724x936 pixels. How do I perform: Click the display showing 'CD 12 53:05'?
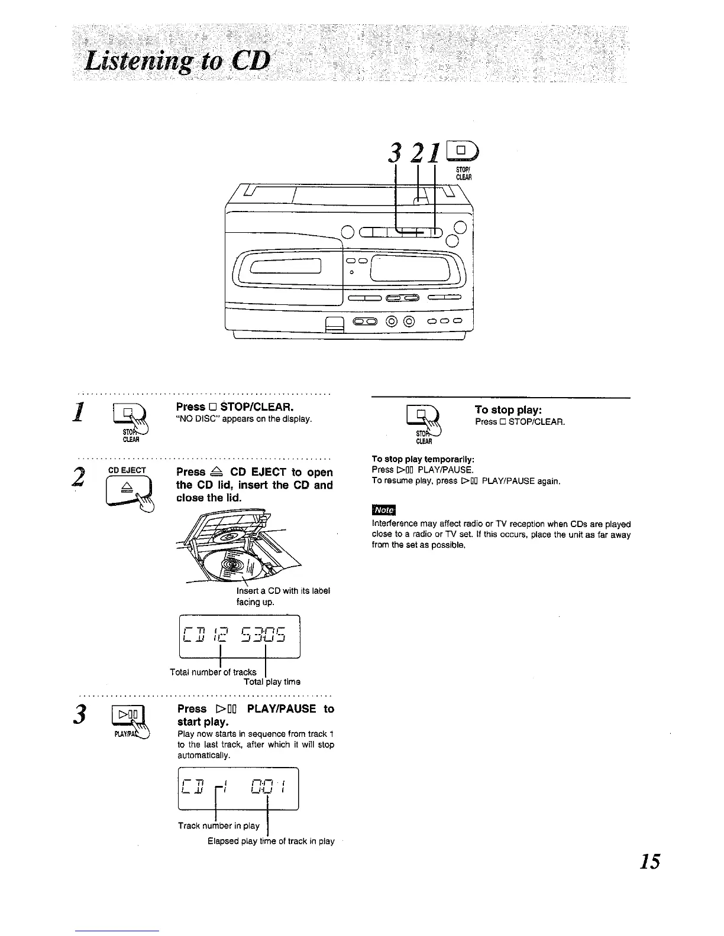click(240, 636)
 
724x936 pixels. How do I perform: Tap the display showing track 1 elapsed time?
click(238, 788)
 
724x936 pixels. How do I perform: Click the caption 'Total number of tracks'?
click(213, 672)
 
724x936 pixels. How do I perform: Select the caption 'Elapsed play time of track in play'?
click(271, 841)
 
